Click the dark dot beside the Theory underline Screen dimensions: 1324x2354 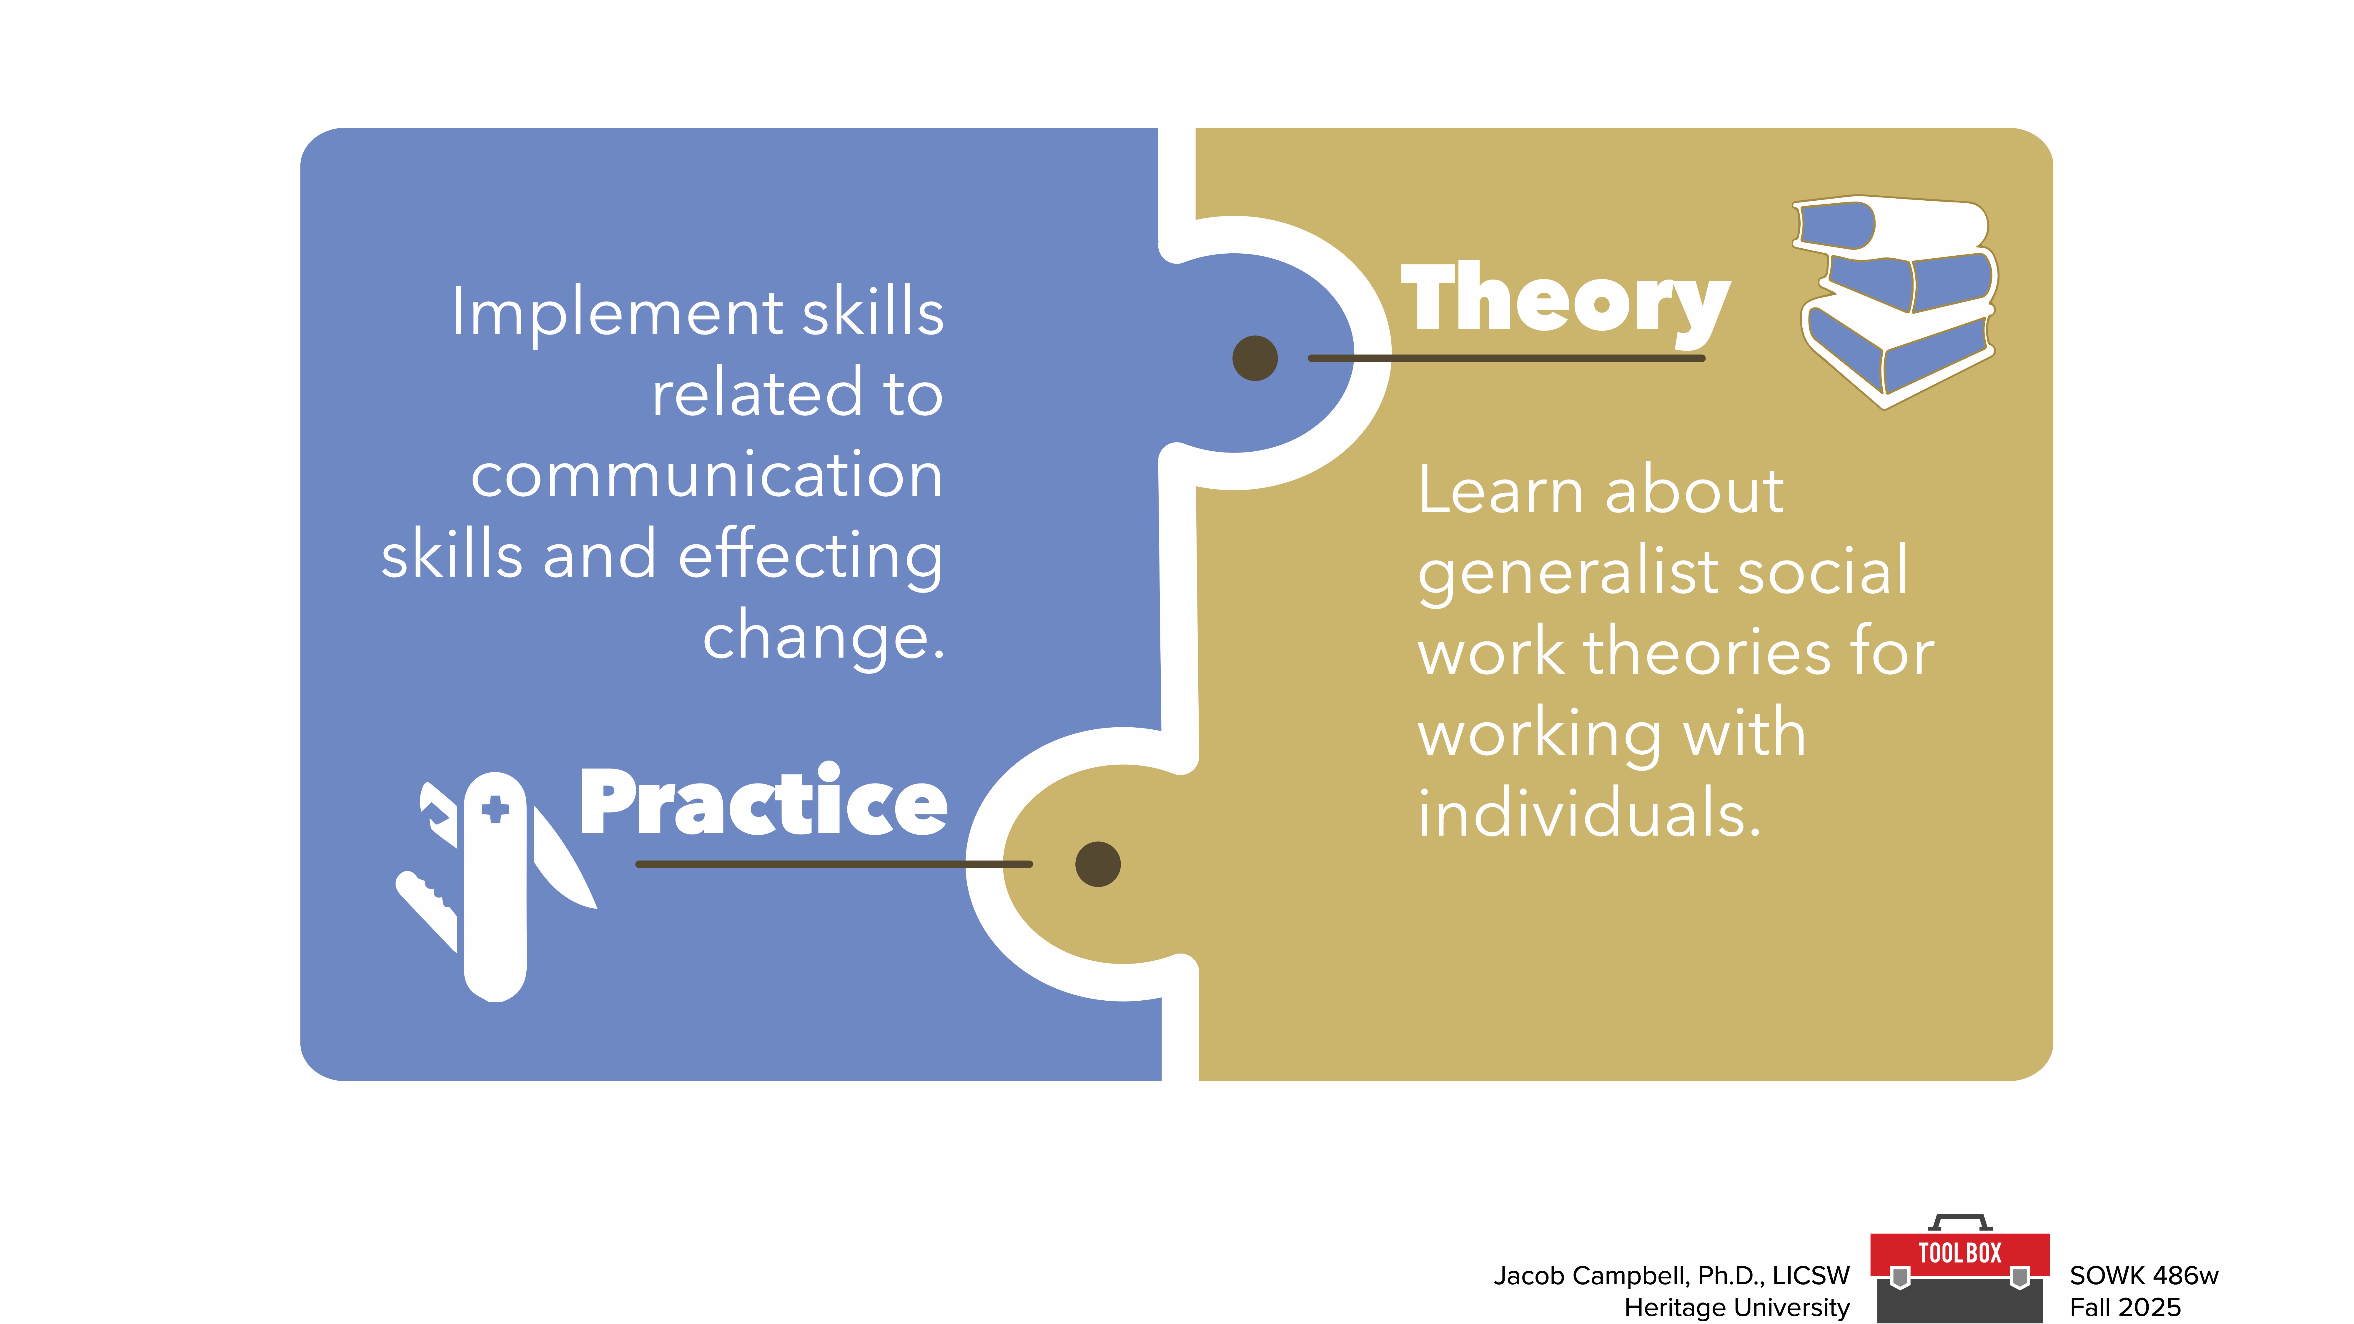click(x=1255, y=358)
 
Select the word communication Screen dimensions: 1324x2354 click(x=706, y=475)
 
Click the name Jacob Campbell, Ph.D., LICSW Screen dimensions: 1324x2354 click(x=1671, y=1275)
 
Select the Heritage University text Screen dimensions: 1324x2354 click(x=1736, y=1308)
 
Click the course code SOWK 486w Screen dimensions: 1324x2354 click(x=2143, y=1275)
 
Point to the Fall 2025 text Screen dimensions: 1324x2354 click(x=2125, y=1308)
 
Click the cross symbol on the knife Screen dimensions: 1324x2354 click(x=495, y=809)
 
